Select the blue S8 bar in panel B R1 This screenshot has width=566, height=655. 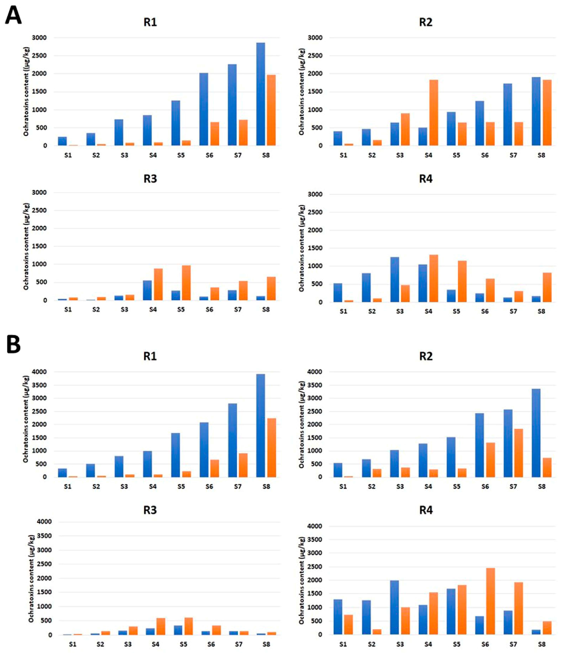(x=261, y=425)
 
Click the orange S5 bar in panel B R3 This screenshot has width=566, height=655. (x=189, y=626)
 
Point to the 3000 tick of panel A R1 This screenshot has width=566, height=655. (x=39, y=38)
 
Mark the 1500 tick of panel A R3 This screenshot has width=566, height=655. (x=39, y=246)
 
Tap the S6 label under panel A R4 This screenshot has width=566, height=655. (x=485, y=312)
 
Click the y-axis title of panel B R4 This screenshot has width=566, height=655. (x=302, y=580)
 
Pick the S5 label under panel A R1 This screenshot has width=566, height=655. (x=181, y=155)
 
